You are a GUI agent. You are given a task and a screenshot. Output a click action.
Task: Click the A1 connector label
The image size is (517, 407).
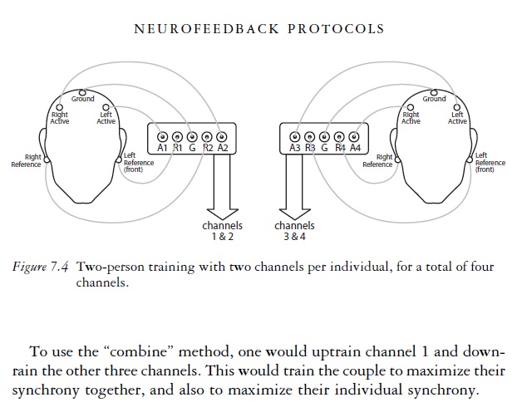click(162, 148)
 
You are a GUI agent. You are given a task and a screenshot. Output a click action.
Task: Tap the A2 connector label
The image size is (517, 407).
click(222, 148)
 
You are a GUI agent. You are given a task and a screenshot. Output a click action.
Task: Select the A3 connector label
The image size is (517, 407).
click(294, 148)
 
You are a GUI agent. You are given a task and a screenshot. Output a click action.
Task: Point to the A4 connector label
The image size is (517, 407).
click(355, 148)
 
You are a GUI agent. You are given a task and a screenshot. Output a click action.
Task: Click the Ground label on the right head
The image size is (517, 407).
click(434, 99)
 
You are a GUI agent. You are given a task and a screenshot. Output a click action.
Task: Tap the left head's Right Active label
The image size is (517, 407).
click(60, 118)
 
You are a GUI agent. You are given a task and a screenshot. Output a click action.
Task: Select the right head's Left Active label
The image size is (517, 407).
click(458, 118)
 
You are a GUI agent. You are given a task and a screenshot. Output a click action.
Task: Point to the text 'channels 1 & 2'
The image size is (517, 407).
click(222, 230)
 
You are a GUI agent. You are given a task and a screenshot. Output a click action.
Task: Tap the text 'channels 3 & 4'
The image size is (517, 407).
click(294, 230)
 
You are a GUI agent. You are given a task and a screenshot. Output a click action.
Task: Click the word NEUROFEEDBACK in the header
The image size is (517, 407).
click(199, 28)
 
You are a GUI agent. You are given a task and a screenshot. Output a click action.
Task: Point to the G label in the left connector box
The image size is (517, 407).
click(192, 148)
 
